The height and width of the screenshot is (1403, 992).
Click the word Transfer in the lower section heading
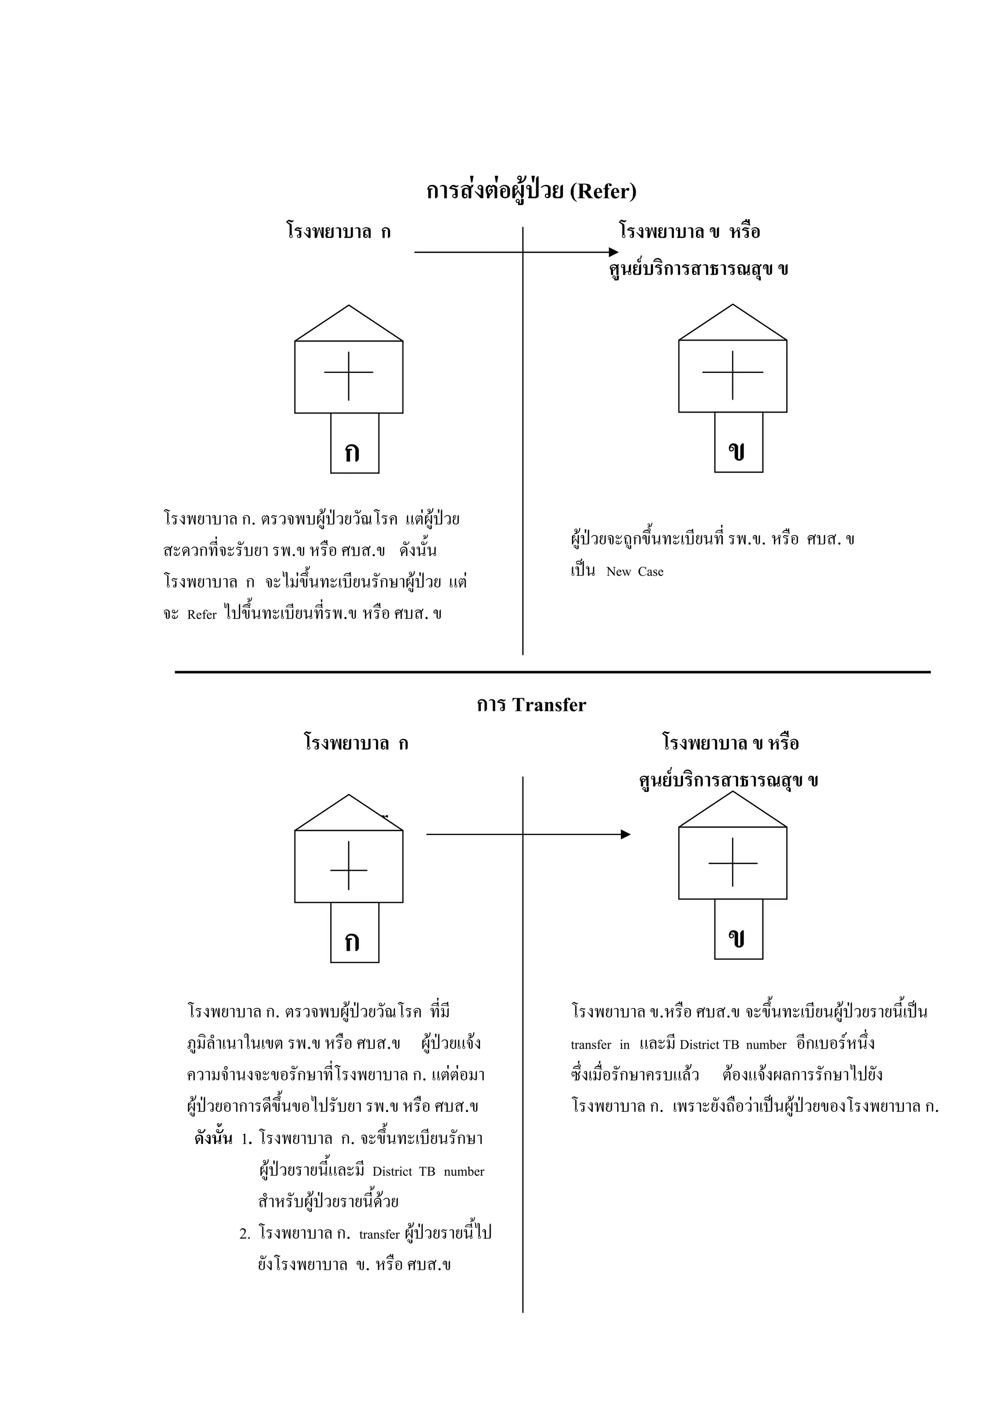(x=549, y=705)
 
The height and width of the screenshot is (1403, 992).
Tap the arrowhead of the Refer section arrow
(x=614, y=252)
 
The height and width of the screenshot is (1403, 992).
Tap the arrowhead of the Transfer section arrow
(x=626, y=834)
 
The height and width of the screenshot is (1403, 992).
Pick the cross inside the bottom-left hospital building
(x=348, y=869)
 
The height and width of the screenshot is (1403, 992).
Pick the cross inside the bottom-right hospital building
(x=732, y=863)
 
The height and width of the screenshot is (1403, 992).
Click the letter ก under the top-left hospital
(x=352, y=453)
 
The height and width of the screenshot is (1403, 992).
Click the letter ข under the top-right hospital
(x=737, y=451)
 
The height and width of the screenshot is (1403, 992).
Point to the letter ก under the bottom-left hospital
(x=352, y=942)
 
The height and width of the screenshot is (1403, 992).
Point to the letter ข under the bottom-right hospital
(x=737, y=939)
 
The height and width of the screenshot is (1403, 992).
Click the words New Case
(x=635, y=572)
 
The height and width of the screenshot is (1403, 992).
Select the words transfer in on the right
(x=600, y=1045)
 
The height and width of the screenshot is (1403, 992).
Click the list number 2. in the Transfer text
(x=245, y=1233)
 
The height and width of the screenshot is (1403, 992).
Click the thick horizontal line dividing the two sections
(x=553, y=672)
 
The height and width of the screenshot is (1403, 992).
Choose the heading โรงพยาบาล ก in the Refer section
(x=339, y=232)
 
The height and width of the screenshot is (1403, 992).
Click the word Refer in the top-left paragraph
(x=201, y=615)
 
